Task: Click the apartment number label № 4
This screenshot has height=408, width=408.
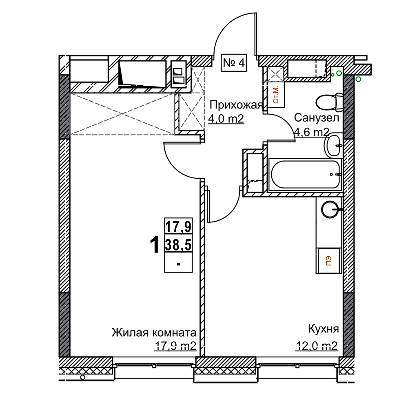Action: [234, 63]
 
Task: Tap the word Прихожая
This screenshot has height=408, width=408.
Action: [236, 105]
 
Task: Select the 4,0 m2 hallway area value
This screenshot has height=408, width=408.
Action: [226, 119]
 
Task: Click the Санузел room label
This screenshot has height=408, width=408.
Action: [317, 118]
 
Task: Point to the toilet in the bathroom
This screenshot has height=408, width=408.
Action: [329, 101]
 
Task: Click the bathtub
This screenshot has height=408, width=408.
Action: [305, 174]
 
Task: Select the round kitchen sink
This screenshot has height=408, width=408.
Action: [330, 209]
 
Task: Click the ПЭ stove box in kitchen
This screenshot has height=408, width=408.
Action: [328, 261]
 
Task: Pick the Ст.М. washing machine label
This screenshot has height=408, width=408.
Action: [275, 95]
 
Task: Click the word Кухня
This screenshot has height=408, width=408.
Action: [324, 329]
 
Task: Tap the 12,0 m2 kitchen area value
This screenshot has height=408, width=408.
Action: [317, 346]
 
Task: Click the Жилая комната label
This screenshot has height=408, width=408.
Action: [154, 333]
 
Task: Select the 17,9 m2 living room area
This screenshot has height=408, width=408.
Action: [175, 346]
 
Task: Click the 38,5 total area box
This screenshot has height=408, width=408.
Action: [179, 245]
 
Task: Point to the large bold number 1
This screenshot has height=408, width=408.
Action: [155, 245]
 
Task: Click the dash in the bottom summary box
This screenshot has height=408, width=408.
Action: [179, 264]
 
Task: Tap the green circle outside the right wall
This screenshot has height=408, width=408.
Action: [358, 79]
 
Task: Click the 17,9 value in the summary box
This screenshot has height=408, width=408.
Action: [179, 227]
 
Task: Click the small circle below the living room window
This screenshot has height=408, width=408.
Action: [82, 377]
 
